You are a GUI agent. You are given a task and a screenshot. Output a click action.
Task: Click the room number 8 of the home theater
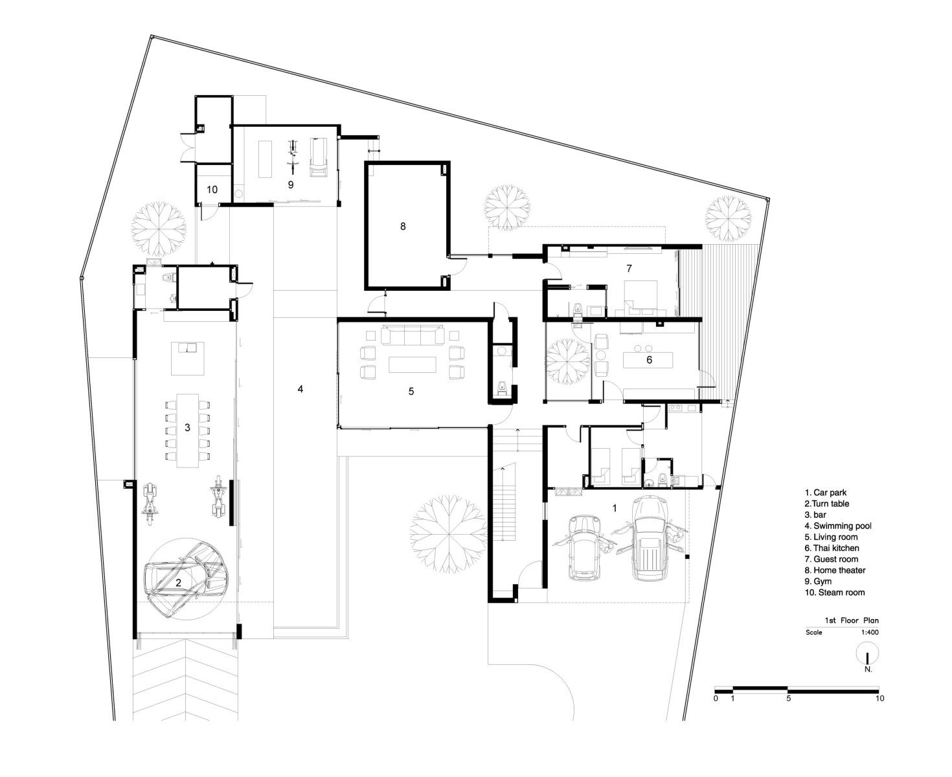[x=403, y=226]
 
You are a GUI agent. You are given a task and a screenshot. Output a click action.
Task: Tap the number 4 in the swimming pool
[x=300, y=389]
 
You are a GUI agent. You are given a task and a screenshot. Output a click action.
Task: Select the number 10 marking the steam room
[x=212, y=190]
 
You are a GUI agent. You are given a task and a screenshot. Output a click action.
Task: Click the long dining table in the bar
[x=187, y=431]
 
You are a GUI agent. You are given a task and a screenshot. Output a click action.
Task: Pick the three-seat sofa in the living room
[x=413, y=335]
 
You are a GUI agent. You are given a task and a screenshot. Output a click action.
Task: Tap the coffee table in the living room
[x=413, y=365]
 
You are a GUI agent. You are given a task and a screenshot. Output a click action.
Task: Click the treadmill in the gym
[x=319, y=157]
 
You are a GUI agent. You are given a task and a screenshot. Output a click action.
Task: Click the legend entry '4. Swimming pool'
[x=838, y=526]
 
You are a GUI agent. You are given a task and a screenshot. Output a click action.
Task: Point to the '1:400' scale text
[x=869, y=632]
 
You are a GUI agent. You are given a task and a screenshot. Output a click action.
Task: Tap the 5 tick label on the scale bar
[x=789, y=699]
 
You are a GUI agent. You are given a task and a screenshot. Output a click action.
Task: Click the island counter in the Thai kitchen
[x=648, y=360]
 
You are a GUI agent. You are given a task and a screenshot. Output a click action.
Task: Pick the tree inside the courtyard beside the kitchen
[x=567, y=361]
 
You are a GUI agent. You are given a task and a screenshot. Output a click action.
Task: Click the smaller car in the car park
[x=585, y=547]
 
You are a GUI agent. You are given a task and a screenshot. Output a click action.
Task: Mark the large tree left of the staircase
[x=449, y=534]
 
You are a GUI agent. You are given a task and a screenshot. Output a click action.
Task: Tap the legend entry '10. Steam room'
[x=835, y=592]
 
